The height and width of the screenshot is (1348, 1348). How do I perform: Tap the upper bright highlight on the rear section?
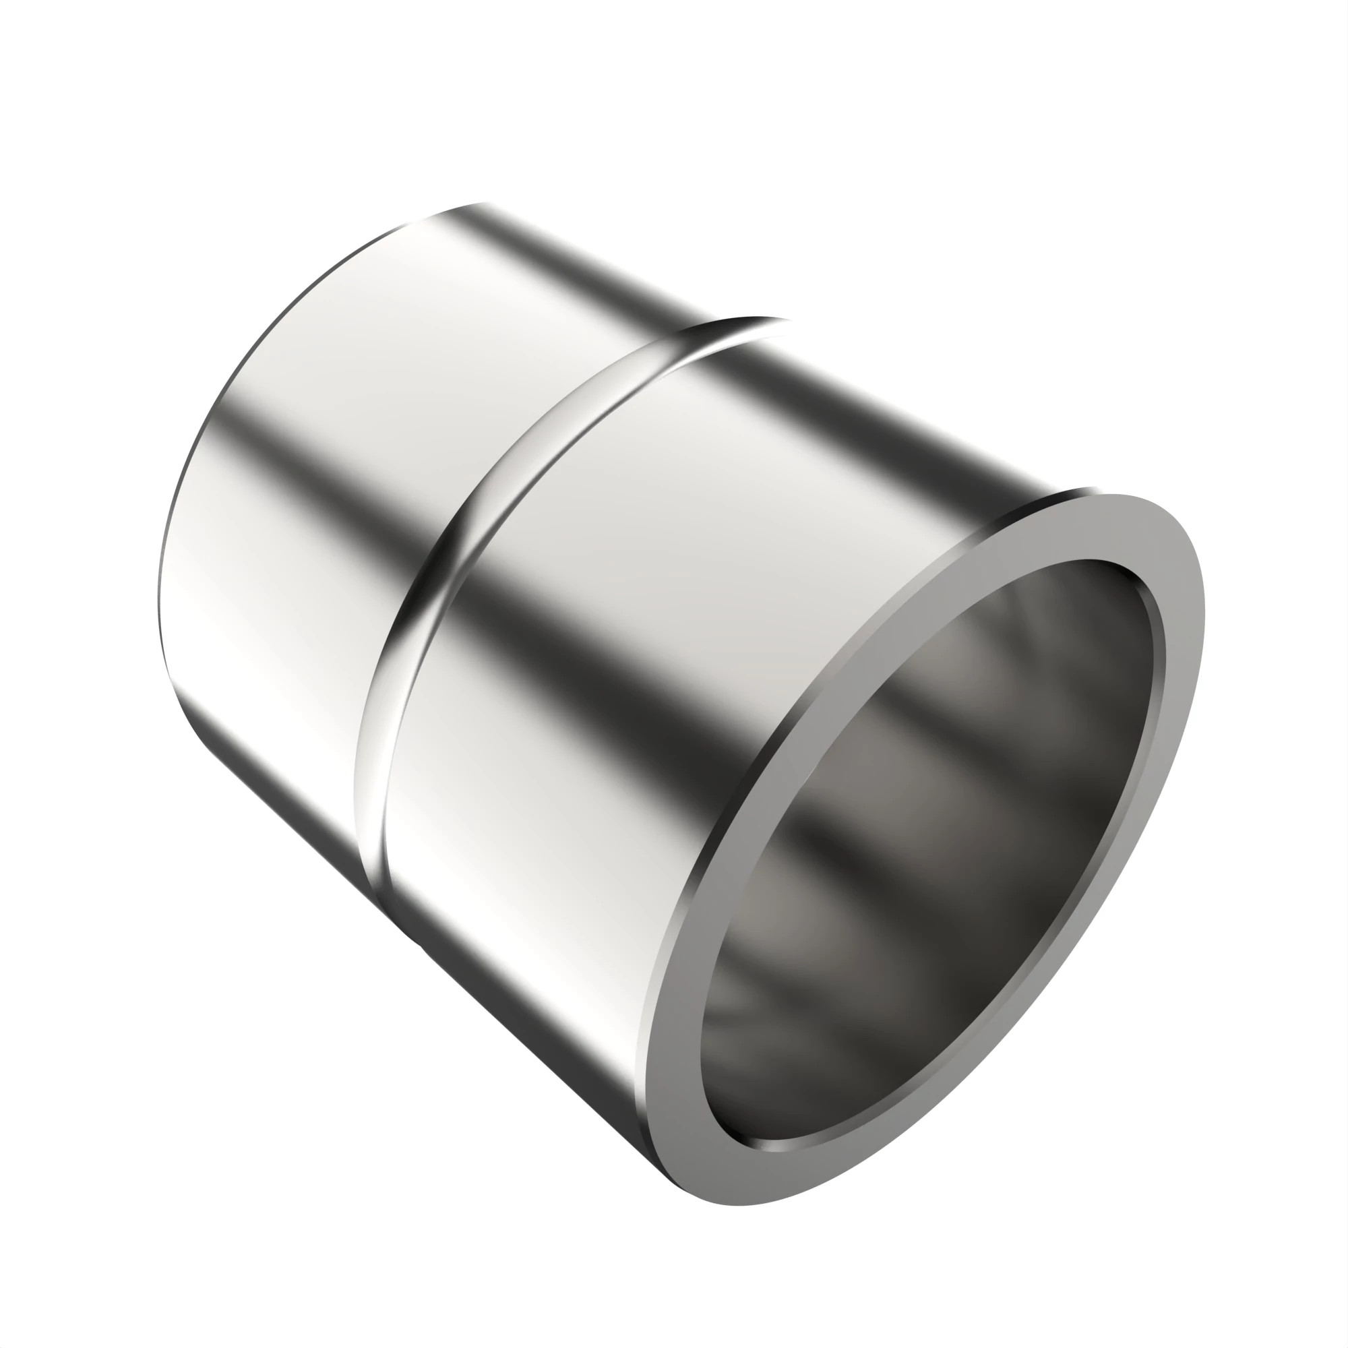[391, 335]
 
